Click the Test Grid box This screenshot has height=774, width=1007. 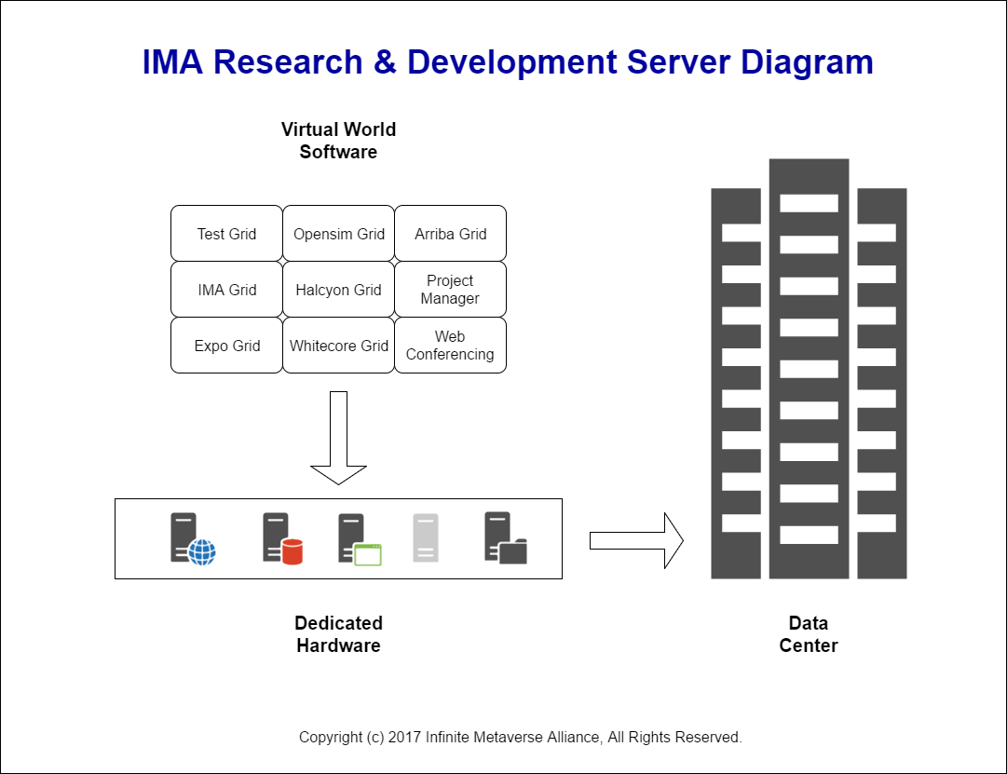(x=226, y=233)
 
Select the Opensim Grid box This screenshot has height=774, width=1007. (x=338, y=233)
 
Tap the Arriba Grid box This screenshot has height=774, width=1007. (x=450, y=233)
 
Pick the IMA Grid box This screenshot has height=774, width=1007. (x=226, y=289)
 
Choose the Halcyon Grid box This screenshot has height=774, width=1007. (x=338, y=289)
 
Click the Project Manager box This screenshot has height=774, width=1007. (x=450, y=289)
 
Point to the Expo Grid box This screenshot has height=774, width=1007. (x=226, y=345)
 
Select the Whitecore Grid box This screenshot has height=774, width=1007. (x=338, y=345)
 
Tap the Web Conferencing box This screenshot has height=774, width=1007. (x=450, y=345)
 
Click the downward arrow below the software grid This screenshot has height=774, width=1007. (x=338, y=438)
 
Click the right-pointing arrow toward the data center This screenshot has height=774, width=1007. (x=636, y=541)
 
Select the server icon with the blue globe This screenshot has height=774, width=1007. (x=193, y=539)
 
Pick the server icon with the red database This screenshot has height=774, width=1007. (x=282, y=538)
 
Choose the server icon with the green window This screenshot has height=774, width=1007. (x=360, y=539)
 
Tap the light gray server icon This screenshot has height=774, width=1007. (x=425, y=537)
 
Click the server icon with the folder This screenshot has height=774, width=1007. (x=506, y=538)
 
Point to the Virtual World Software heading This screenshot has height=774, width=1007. (x=338, y=141)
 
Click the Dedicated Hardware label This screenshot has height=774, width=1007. (x=338, y=634)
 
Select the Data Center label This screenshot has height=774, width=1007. (x=809, y=634)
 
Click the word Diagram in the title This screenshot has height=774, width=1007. (x=807, y=63)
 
